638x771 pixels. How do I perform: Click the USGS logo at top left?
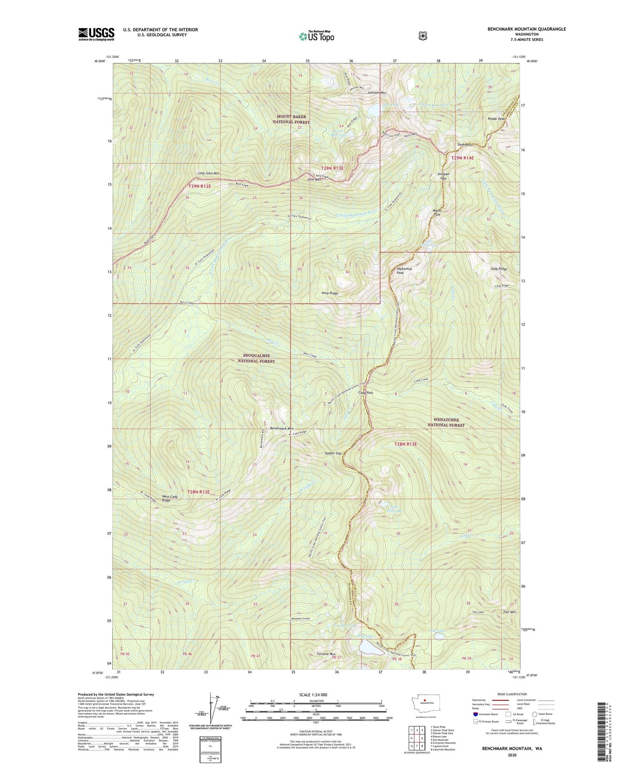96,34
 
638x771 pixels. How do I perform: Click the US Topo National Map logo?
316,36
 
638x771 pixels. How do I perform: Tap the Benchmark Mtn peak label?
282,428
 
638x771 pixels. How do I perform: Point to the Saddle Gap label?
333,453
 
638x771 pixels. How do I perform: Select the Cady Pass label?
366,393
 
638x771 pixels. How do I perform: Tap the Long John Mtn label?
208,174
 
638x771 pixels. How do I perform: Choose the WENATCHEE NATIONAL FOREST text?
446,422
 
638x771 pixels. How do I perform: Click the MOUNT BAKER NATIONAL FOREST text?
291,119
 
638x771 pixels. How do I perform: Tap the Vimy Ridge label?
330,293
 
